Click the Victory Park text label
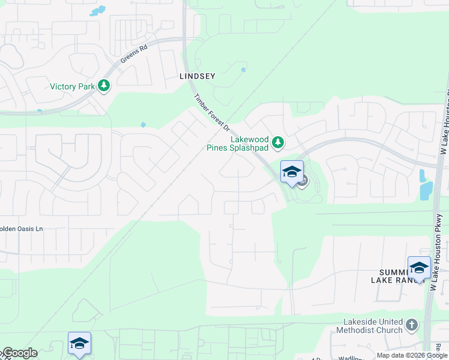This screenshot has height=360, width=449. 72,86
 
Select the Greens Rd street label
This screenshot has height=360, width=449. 133,58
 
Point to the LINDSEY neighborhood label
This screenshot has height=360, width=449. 197,77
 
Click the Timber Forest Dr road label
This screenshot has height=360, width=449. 211,112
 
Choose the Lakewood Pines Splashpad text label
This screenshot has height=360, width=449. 241,142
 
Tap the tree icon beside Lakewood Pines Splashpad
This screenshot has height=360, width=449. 277,142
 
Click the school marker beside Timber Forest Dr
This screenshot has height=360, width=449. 292,173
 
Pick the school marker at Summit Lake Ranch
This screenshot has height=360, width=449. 419,268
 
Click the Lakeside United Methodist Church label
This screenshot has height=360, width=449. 373,326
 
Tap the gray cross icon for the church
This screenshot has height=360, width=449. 411,325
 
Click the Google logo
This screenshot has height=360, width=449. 19,353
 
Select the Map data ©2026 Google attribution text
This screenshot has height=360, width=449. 412,355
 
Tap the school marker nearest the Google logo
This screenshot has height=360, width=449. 79,344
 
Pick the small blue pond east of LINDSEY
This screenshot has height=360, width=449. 243,70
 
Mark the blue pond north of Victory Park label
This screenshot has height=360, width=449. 97,10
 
